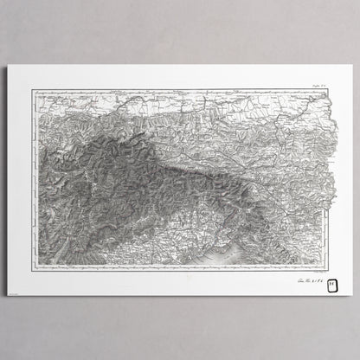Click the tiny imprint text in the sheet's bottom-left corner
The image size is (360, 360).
tap(19, 298)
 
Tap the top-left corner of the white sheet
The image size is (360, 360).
tap(8, 65)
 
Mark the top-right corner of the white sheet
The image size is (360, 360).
tap(352, 65)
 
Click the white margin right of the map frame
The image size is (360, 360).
tap(344, 173)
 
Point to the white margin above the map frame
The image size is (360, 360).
tap(173, 77)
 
